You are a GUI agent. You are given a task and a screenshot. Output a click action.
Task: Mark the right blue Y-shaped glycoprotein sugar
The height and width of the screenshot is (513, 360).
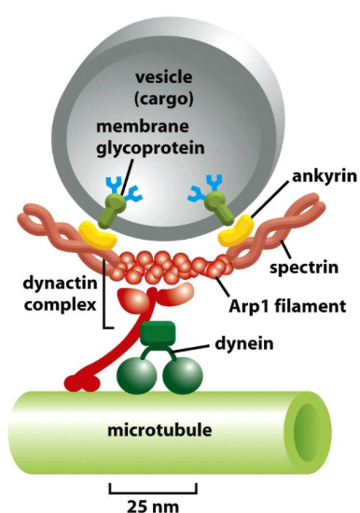[x=200, y=192]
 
